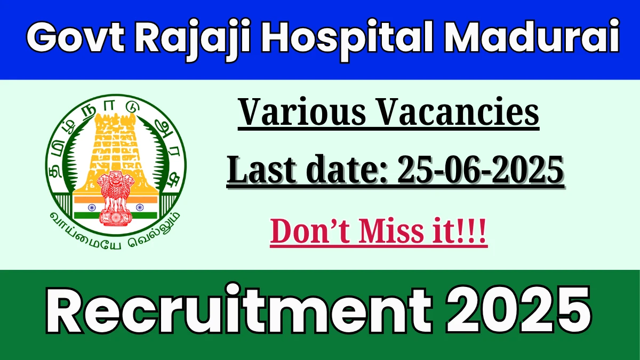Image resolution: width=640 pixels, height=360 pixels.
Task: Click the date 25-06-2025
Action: pyautogui.click(x=481, y=170)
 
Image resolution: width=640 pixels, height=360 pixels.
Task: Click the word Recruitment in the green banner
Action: pyautogui.click(x=239, y=309)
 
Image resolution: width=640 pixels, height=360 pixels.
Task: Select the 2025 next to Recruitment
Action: pyautogui.click(x=519, y=309)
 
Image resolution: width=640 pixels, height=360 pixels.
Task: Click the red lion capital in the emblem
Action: pyautogui.click(x=115, y=198)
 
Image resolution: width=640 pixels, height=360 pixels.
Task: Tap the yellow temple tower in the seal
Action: pyautogui.click(x=115, y=154)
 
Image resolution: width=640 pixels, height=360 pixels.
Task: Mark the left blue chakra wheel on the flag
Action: pyautogui.click(x=92, y=207)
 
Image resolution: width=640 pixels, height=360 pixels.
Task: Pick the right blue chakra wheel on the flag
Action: pyautogui.click(x=139, y=207)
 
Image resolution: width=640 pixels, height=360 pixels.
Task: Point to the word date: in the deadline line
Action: pyautogui.click(x=347, y=170)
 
